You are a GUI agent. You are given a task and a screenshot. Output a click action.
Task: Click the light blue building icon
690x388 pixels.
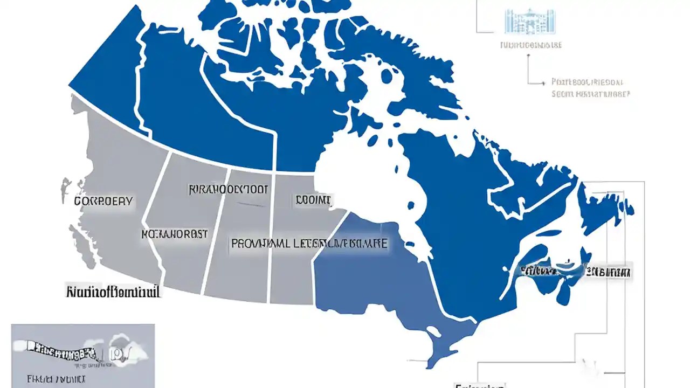click(530, 22)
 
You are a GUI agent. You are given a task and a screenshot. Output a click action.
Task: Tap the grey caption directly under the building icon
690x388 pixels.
click(530, 45)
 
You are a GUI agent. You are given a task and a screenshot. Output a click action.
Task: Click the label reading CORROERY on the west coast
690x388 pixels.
click(103, 201)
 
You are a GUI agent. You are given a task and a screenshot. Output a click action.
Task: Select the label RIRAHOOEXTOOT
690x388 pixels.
click(228, 190)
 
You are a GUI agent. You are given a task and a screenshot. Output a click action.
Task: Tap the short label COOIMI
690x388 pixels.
click(313, 200)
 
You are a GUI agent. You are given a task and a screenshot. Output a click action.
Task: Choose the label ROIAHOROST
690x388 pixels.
click(174, 234)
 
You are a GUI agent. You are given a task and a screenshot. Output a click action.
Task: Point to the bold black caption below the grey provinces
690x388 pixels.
click(113, 292)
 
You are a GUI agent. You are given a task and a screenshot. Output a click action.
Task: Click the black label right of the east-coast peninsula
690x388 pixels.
click(609, 272)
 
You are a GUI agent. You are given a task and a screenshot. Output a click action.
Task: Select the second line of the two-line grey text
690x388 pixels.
click(590, 94)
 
